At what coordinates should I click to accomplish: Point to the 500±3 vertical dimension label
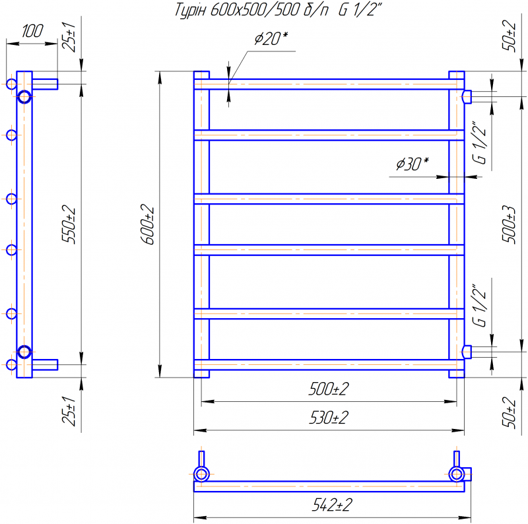tap(509, 224)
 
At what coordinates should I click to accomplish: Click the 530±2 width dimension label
tap(328, 418)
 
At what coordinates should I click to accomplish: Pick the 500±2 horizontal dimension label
tap(328, 389)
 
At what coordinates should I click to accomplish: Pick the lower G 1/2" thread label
tap(480, 304)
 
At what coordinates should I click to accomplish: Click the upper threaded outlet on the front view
tap(467, 97)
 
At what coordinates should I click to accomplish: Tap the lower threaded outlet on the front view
tap(467, 351)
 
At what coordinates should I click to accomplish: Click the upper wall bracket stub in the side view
tap(45, 83)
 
